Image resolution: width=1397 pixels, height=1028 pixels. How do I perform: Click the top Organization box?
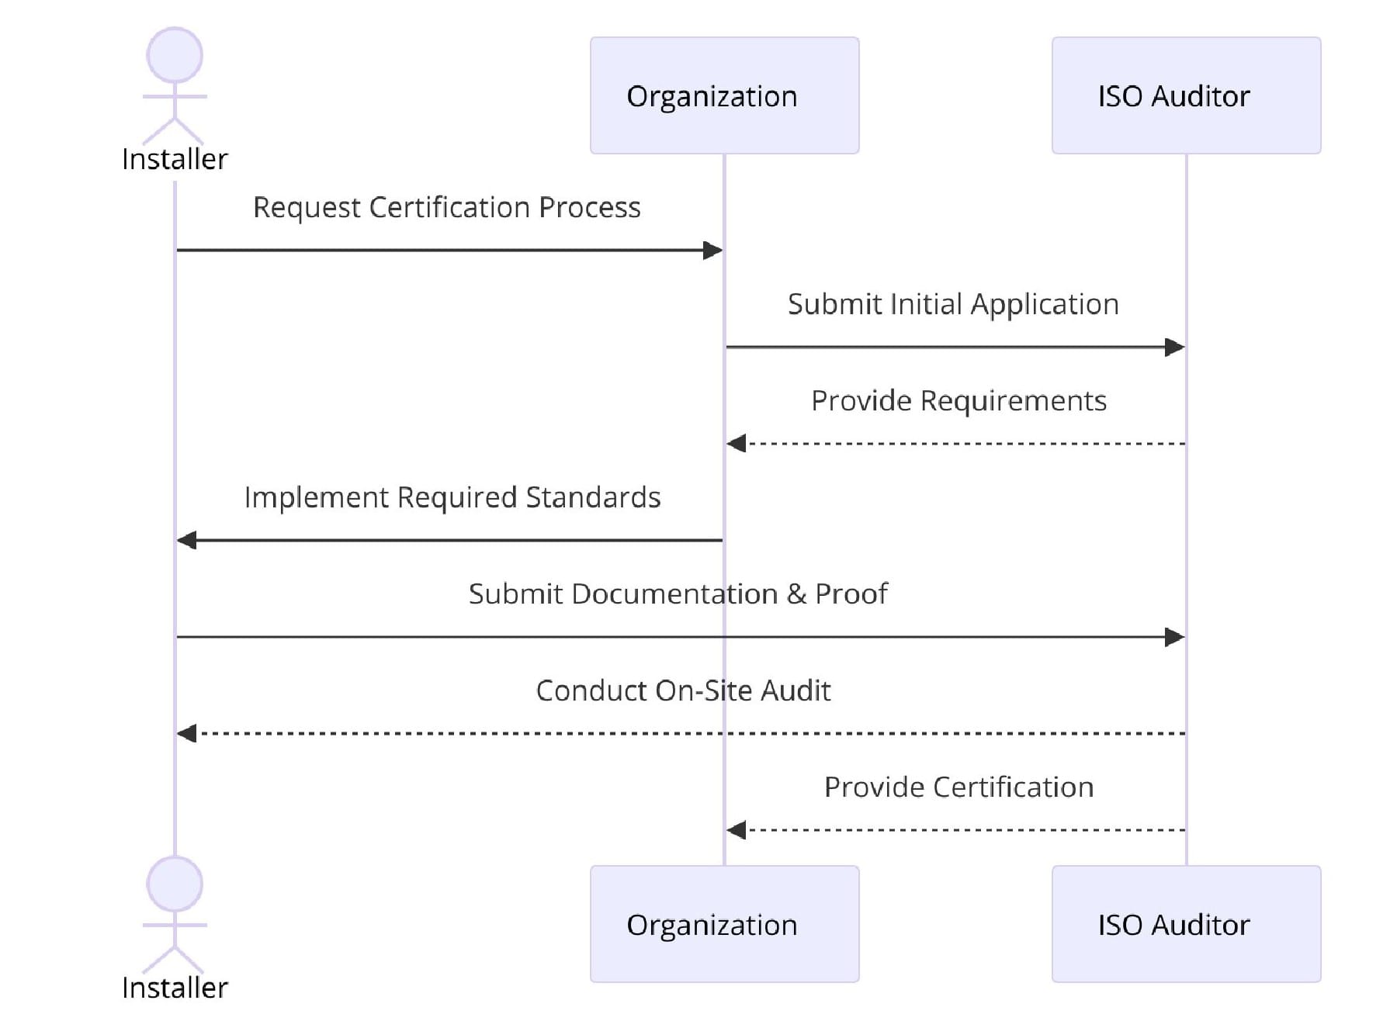pos(724,95)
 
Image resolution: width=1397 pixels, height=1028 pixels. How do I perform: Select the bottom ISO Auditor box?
pos(1186,924)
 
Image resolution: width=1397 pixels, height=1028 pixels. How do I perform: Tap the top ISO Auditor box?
pos(1186,95)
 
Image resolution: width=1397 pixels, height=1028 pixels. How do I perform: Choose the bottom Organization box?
pos(724,924)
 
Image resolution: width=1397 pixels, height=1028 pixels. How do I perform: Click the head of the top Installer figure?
pos(175,55)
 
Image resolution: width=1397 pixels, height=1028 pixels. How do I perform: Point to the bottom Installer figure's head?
pos(175,884)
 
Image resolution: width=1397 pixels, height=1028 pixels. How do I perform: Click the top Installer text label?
pos(175,159)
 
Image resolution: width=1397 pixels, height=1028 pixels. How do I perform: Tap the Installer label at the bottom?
pos(175,988)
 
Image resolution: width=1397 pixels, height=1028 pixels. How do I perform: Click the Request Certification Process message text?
pos(446,207)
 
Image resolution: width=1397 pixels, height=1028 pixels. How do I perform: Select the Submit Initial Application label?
pos(953,304)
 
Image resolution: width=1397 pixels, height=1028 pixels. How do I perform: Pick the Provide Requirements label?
pos(958,400)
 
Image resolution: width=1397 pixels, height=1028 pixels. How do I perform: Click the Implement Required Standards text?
pos(452,497)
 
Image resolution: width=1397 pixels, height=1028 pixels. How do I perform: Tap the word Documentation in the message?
pos(674,594)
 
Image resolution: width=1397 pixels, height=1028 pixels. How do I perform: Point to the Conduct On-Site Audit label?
pos(683,691)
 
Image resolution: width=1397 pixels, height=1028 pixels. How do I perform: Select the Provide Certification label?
pos(958,787)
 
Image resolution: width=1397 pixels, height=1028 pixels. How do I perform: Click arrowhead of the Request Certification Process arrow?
pos(712,250)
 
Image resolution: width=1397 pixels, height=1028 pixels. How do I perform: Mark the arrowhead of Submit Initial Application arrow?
pos(1174,347)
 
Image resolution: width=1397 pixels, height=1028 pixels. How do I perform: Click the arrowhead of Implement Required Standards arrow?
pos(187,540)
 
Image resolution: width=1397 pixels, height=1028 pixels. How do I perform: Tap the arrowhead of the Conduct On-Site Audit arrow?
pos(187,733)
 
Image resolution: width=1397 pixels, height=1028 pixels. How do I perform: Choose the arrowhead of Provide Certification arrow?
pos(737,830)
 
